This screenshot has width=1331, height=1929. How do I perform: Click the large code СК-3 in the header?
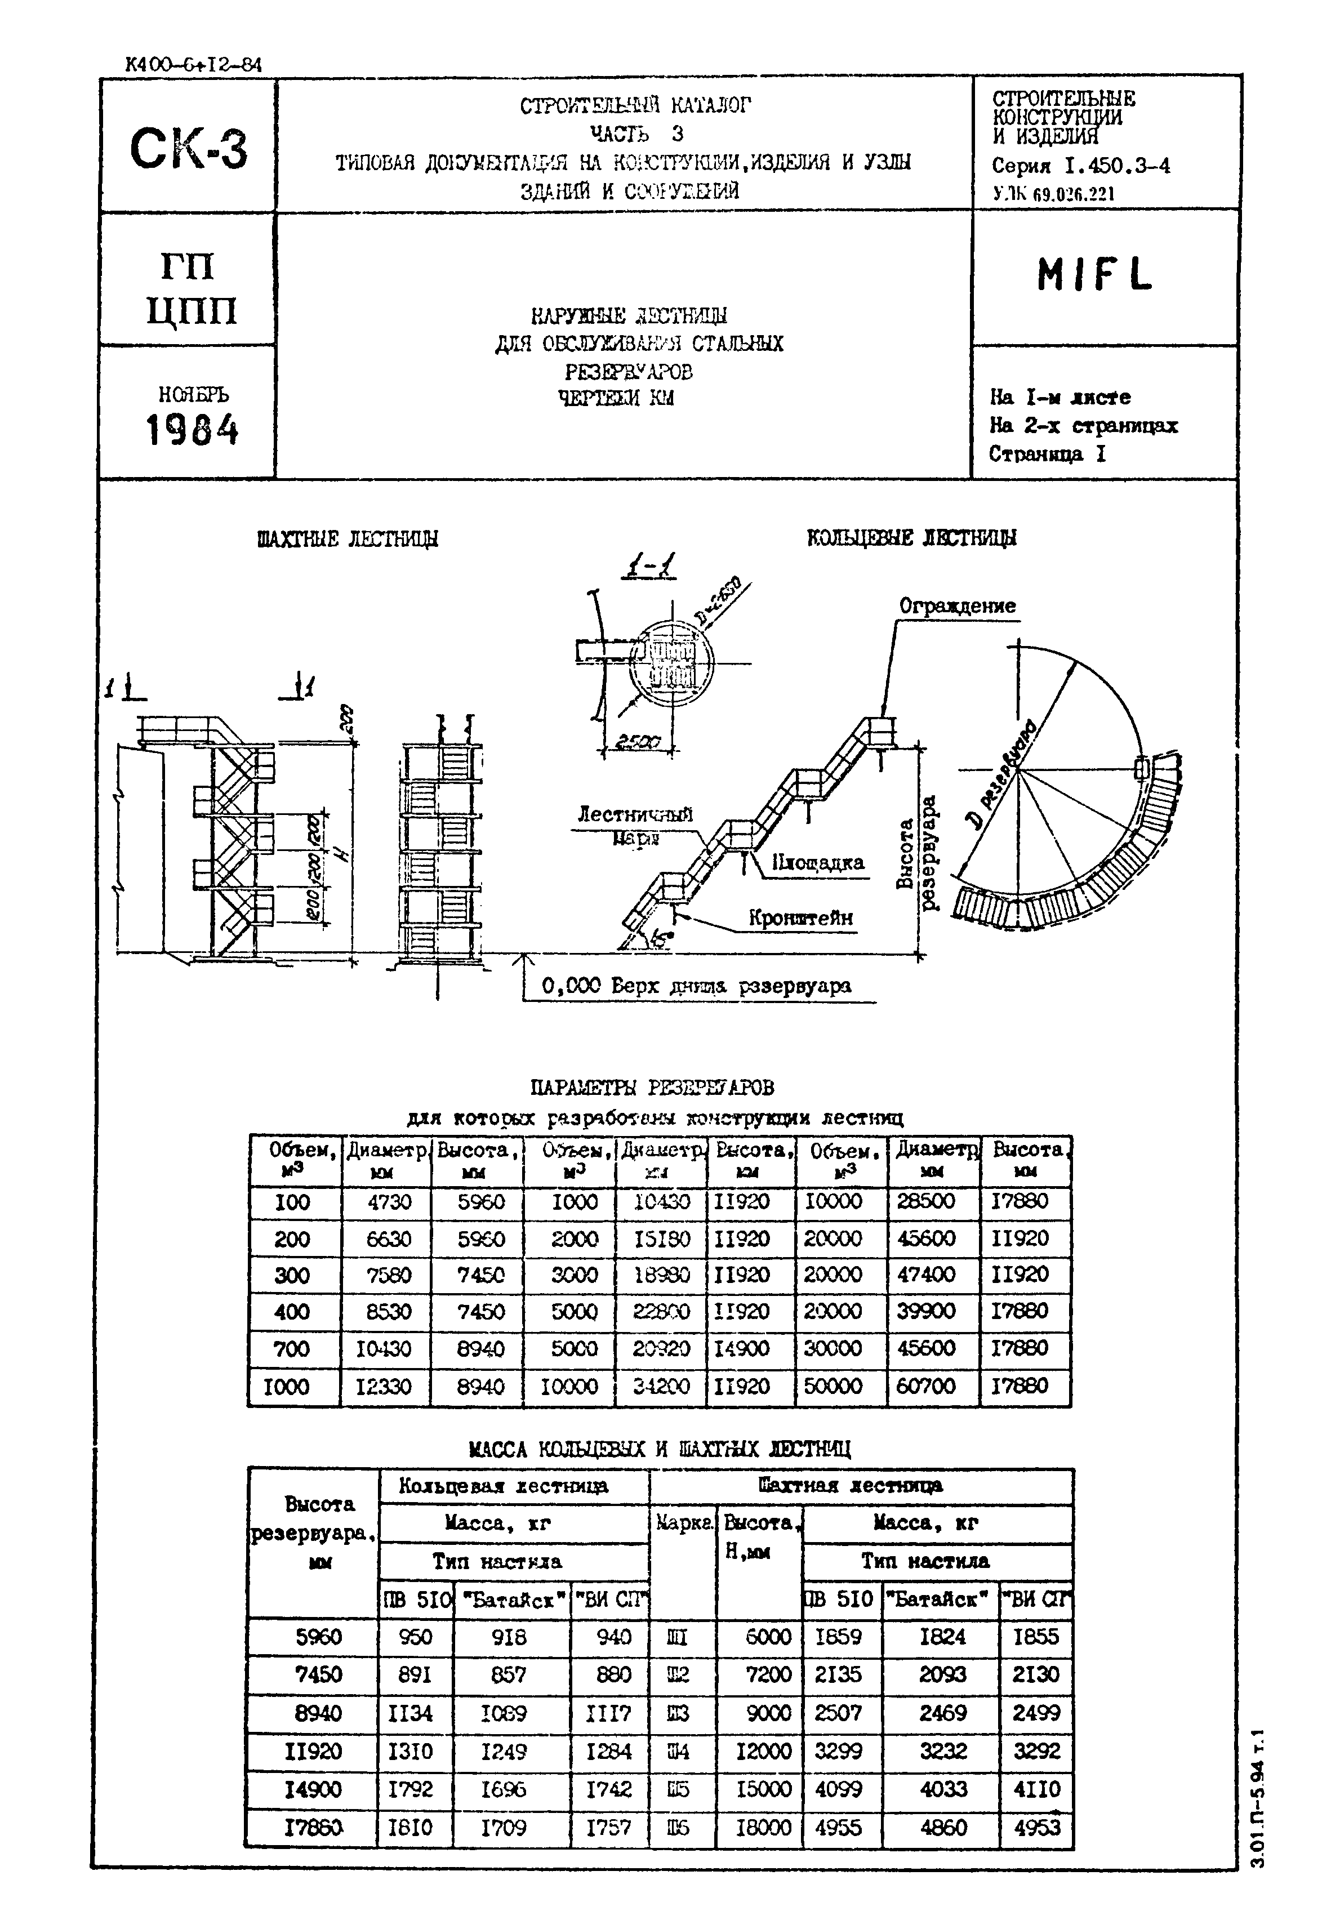pyautogui.click(x=189, y=148)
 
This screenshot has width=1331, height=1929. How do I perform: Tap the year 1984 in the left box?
pyautogui.click(x=192, y=431)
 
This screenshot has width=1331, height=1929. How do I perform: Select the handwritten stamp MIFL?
pyautogui.click(x=1094, y=275)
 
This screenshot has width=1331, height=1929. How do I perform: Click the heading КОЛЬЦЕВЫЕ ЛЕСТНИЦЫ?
pyautogui.click(x=911, y=538)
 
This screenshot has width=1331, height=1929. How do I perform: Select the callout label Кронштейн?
pyautogui.click(x=800, y=919)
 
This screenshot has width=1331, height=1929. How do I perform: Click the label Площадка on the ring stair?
pyautogui.click(x=817, y=863)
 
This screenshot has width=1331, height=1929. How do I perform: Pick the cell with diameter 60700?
pyautogui.click(x=925, y=1386)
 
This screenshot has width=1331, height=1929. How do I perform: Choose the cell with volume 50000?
pyautogui.click(x=833, y=1386)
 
